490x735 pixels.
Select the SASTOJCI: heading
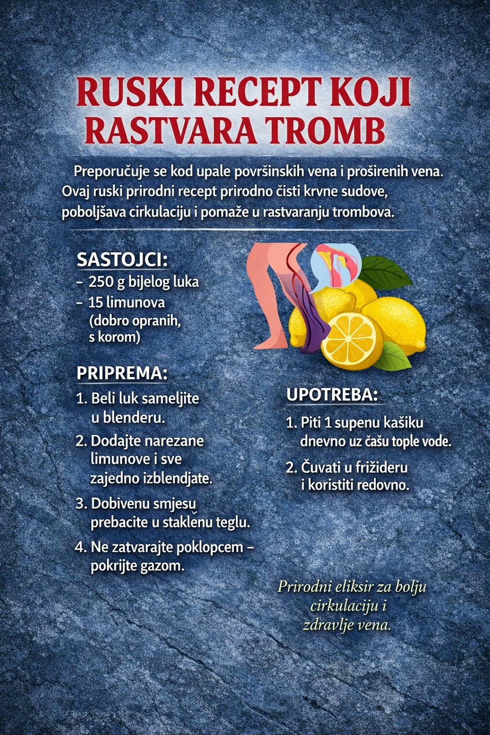pyautogui.click(x=122, y=260)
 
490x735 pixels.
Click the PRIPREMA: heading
pyautogui.click(x=122, y=373)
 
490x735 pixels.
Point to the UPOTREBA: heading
pyautogui.click(x=332, y=395)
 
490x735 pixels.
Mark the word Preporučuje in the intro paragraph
pyautogui.click(x=112, y=171)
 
